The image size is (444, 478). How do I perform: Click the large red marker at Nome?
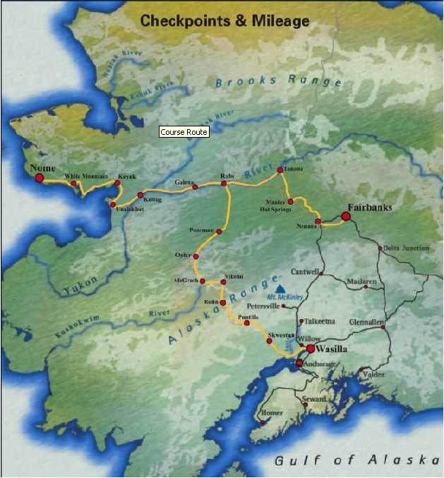coord(40,179)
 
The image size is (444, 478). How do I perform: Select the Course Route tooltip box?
coord(184,132)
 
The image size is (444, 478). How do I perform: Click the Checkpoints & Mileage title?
coord(224,21)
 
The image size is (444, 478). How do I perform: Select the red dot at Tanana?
coord(280,170)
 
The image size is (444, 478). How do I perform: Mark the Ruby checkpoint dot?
coord(224,184)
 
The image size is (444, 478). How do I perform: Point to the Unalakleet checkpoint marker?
coord(113,205)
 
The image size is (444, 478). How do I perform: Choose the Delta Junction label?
coord(406,248)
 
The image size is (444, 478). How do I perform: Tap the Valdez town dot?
coord(361,370)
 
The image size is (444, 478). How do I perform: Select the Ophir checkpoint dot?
coord(196,256)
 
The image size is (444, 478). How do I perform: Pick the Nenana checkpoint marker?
coord(318,222)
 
